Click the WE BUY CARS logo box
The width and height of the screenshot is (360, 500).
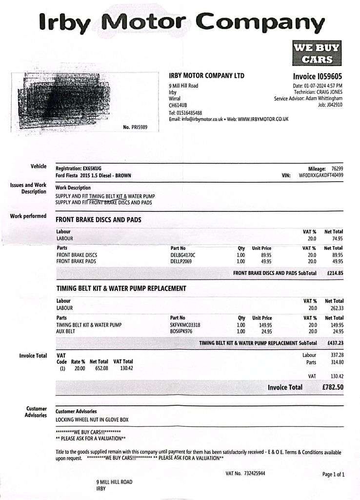317,53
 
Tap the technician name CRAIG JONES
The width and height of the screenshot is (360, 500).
329,92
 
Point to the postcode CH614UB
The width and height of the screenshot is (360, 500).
178,105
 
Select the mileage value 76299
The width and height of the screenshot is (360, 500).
337,168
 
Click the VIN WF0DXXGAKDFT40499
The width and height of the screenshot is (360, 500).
320,175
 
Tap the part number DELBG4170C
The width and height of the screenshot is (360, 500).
183,255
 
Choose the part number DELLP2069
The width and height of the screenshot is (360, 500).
181,261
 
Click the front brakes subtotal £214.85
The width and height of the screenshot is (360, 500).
335,273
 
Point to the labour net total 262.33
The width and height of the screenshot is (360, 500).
334,308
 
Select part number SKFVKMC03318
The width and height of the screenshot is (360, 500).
185,325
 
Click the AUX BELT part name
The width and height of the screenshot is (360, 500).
66,332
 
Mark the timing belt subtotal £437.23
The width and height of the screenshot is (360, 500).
335,343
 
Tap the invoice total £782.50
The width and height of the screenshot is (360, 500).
333,387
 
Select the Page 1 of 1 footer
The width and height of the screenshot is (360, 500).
333,474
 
